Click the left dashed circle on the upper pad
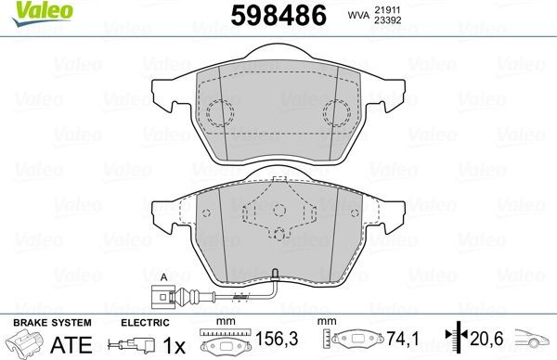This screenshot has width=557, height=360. tap(219, 114)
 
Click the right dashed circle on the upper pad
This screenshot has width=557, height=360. tap(337, 114)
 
